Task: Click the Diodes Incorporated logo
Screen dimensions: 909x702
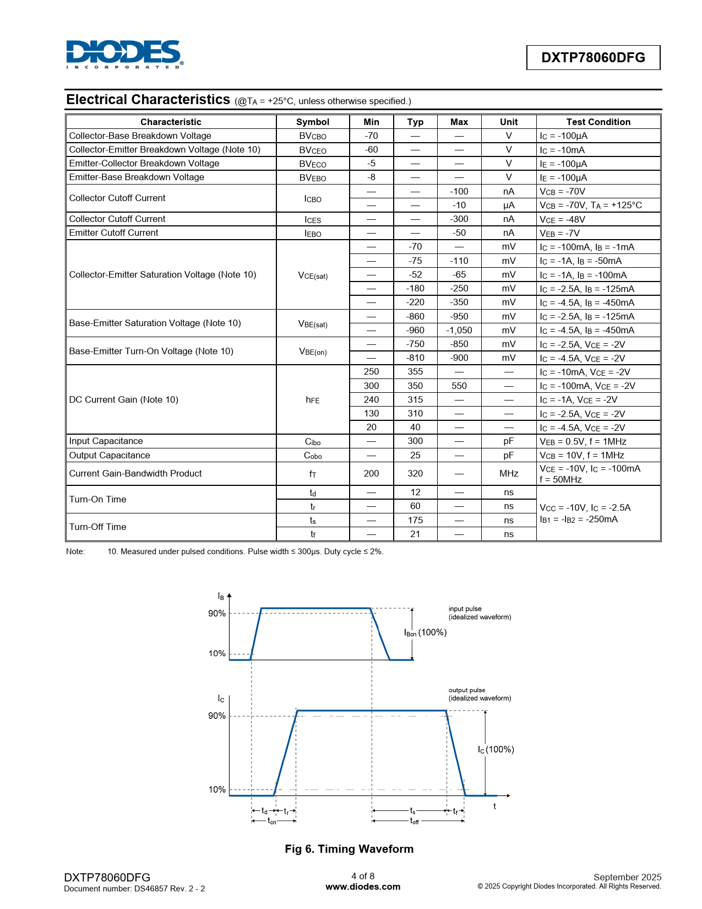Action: click(124, 54)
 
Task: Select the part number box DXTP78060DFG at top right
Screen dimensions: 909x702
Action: click(593, 57)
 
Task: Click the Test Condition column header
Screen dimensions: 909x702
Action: click(598, 122)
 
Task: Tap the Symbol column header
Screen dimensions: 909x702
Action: click(312, 122)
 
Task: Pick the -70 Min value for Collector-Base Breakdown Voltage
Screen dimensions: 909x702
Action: click(371, 136)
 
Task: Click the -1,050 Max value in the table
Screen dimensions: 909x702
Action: click(459, 330)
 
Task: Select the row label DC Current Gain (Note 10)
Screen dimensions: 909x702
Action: click(124, 399)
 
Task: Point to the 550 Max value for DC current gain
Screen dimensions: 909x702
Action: click(459, 386)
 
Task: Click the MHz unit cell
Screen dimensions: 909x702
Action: click(508, 473)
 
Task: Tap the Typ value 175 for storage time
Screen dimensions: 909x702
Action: click(415, 520)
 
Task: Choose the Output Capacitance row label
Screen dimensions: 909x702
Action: click(110, 455)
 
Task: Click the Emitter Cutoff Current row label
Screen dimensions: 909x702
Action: click(113, 232)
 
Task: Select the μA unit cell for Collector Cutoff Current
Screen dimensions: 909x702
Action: click(508, 205)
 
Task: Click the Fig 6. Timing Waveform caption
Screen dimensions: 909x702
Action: click(349, 848)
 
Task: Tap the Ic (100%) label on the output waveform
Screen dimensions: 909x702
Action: click(496, 749)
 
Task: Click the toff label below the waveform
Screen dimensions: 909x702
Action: click(414, 821)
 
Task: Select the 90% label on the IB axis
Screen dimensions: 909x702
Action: click(216, 613)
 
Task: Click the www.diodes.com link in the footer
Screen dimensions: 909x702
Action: click(363, 886)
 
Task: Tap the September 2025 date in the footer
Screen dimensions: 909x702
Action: click(627, 876)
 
